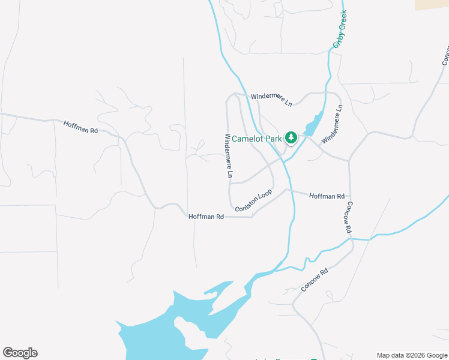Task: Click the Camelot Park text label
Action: point(257,139)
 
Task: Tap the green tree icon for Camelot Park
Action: point(291,138)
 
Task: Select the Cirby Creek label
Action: point(340,29)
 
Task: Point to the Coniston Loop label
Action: point(253,200)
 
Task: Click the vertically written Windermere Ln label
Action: point(228,155)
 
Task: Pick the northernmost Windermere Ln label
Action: point(271,99)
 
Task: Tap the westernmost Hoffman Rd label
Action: point(80,126)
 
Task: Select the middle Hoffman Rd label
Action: point(206,217)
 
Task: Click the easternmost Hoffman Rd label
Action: point(327,196)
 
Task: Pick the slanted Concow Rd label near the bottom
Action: point(315,281)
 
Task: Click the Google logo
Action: point(20,353)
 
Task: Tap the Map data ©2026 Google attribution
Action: point(411,355)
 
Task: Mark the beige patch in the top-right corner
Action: point(432,4)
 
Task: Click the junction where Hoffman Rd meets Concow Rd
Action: point(349,196)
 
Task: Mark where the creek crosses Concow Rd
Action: point(351,239)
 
